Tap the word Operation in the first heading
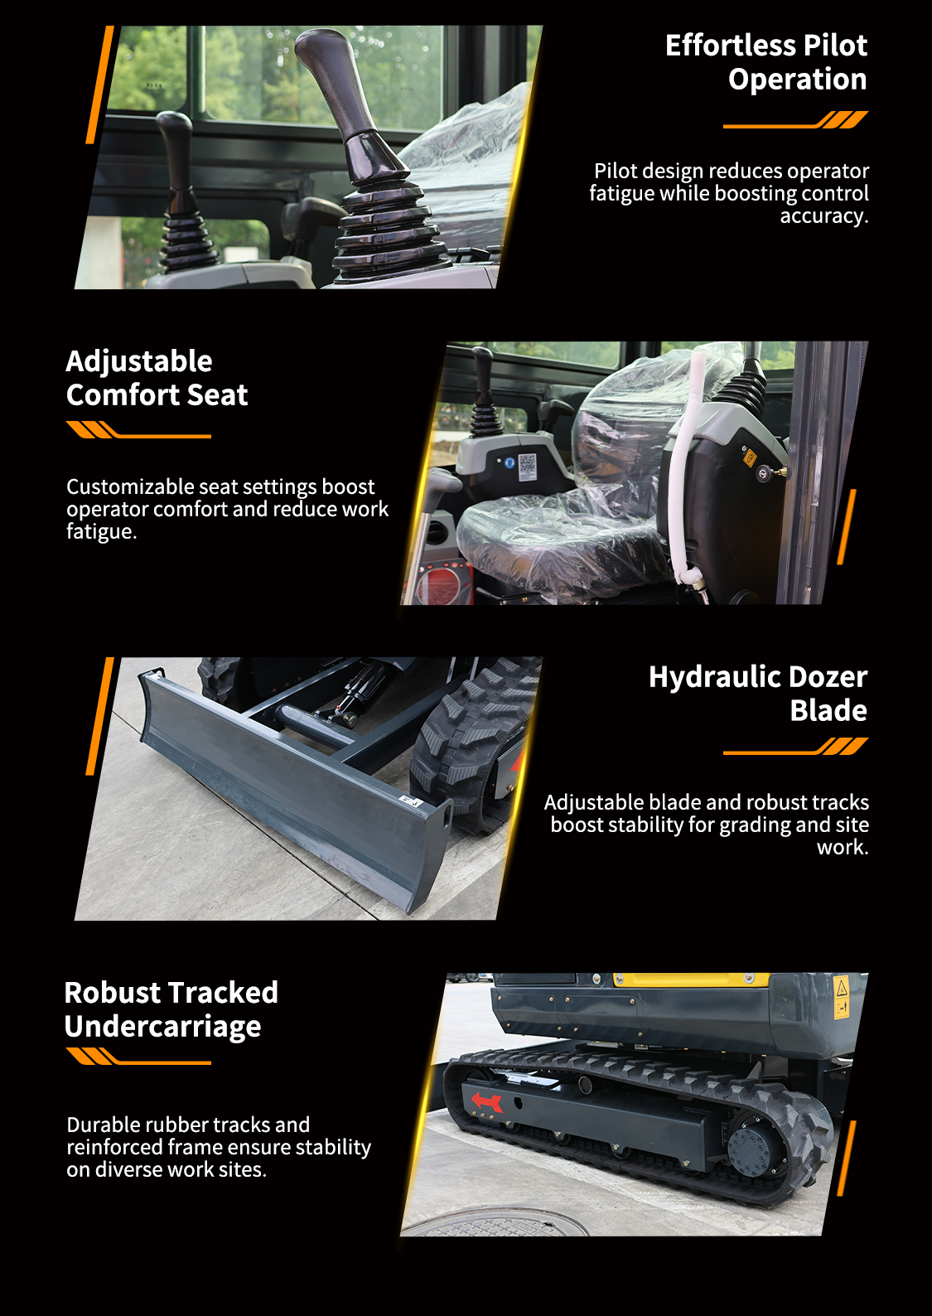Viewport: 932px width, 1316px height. click(x=798, y=80)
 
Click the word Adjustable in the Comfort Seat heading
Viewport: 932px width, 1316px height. click(x=139, y=361)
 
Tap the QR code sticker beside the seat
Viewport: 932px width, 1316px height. click(x=527, y=467)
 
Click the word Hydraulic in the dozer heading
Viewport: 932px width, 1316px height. click(x=715, y=677)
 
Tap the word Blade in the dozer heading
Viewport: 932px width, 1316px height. click(x=828, y=711)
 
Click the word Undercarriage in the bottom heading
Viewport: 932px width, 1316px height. click(x=162, y=1027)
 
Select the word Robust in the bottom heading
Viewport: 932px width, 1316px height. click(x=112, y=993)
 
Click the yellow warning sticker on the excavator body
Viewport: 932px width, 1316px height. click(x=841, y=996)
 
